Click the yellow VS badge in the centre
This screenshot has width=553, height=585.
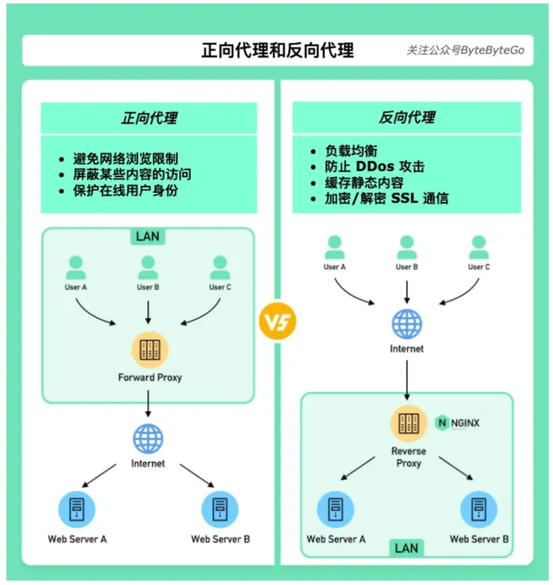click(x=278, y=321)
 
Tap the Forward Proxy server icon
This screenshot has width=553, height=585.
click(x=150, y=350)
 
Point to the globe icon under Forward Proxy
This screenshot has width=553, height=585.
click(x=148, y=439)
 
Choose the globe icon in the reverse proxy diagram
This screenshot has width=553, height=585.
click(x=407, y=324)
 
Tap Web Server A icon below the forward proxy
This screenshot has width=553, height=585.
click(x=77, y=509)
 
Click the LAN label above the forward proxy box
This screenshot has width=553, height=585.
click(x=148, y=236)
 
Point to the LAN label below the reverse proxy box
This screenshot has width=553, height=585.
click(x=406, y=548)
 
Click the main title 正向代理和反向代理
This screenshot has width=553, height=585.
click(x=278, y=50)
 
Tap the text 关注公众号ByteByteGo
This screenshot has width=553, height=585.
click(x=465, y=50)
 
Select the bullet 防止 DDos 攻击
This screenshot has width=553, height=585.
click(x=375, y=167)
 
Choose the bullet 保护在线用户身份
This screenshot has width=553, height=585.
click(x=126, y=191)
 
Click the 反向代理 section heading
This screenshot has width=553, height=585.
click(x=406, y=118)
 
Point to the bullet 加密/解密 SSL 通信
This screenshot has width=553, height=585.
click(x=386, y=198)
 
